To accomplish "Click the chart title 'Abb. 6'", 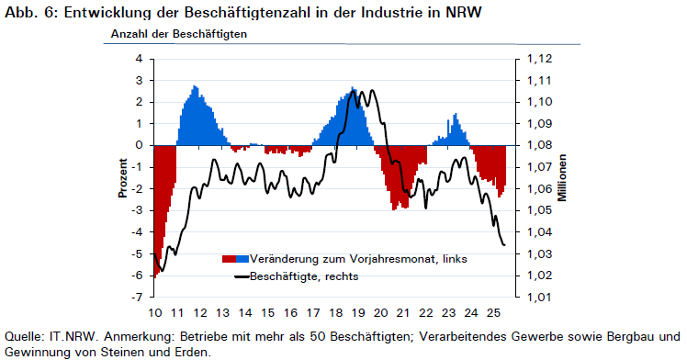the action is coord(30,12).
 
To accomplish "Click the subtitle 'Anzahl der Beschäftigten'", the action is coord(179,34).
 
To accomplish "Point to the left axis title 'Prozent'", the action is coord(123,178).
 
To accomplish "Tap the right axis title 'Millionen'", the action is coord(562,178).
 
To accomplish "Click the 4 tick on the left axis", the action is coord(140,59).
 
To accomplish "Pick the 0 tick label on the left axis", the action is coord(140,145).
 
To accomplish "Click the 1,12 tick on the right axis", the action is coord(540,59).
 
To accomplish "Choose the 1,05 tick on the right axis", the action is coord(540,210).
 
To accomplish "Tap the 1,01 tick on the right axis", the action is coord(540,297).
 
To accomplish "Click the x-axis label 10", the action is coord(154,313).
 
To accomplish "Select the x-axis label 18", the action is coord(335,313).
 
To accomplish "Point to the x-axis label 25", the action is coord(494,313).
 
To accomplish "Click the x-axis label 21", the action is coord(403,313).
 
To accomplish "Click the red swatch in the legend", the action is coord(229,259).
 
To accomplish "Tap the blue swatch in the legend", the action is coord(242,259).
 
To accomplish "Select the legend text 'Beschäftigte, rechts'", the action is coord(304,276).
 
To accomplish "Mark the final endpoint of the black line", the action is coord(505,245).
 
